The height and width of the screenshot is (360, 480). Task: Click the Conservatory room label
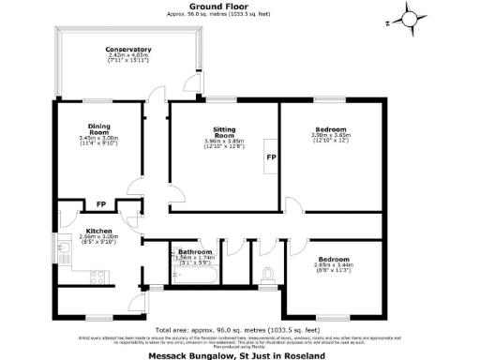point(128,49)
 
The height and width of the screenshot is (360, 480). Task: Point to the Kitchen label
point(99,231)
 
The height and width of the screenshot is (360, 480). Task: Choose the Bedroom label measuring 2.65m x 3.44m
point(334,259)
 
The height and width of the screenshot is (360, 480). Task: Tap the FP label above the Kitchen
point(100,204)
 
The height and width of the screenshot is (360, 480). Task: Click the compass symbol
point(411,18)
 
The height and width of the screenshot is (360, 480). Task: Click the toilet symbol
point(269,275)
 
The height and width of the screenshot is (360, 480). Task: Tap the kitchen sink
point(62,249)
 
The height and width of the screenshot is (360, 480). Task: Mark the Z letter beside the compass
point(385,22)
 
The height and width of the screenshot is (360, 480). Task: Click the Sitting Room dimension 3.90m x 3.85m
point(223,141)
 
